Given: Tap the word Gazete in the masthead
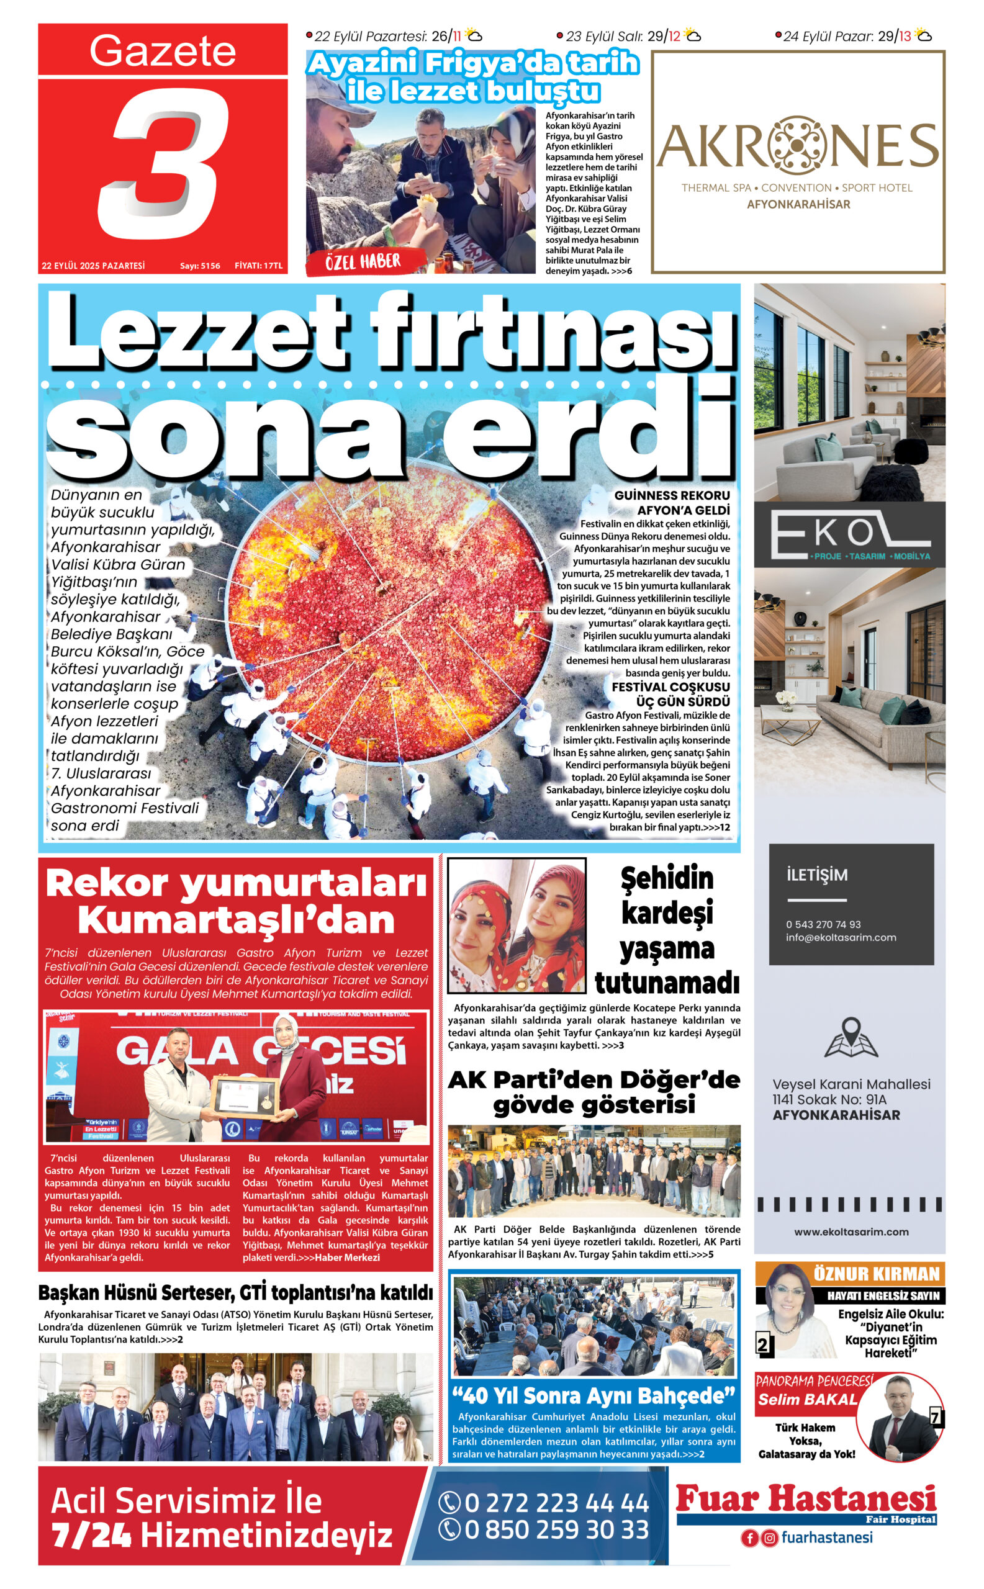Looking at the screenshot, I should [163, 51].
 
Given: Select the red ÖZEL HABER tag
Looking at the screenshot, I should [363, 262].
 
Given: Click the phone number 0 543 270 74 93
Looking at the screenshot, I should [823, 924].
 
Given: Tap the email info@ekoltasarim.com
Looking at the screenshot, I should [840, 938].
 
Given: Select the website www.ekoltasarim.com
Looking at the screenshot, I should [851, 1231].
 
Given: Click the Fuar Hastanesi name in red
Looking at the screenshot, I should [806, 1498].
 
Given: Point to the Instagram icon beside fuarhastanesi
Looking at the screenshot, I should [769, 1538].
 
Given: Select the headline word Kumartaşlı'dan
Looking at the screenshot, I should [237, 920].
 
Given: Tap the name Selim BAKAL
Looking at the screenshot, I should [807, 1400].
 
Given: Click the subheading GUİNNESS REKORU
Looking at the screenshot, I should [672, 495].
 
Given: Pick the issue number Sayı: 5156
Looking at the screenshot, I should [200, 266].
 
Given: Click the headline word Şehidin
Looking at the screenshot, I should [666, 878].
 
